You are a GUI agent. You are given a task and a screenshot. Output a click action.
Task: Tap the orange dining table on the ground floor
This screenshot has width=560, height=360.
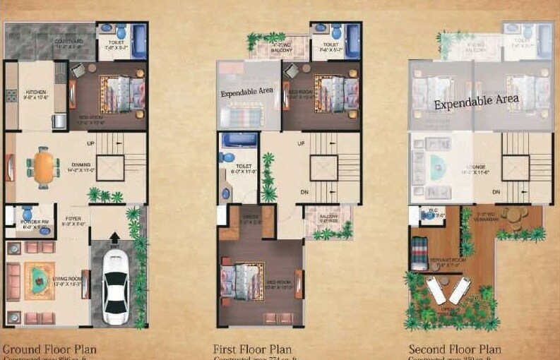[46, 168]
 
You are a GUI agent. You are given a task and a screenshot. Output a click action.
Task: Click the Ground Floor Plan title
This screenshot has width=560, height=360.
[49, 349]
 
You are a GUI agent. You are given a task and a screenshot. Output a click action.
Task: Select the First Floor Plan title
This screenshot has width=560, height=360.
[252, 349]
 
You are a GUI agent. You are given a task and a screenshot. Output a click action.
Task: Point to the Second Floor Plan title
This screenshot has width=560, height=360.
[455, 349]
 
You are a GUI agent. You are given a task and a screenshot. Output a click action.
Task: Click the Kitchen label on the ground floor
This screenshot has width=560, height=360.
[36, 92]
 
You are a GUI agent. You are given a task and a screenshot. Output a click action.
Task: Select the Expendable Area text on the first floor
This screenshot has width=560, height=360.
[246, 92]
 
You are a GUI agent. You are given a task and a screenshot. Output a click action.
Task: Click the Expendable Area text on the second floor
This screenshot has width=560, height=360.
[476, 102]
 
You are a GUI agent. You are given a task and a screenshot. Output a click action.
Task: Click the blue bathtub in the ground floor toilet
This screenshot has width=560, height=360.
[138, 41]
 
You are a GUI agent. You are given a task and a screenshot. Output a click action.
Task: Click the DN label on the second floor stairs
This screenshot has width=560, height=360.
[496, 192]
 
